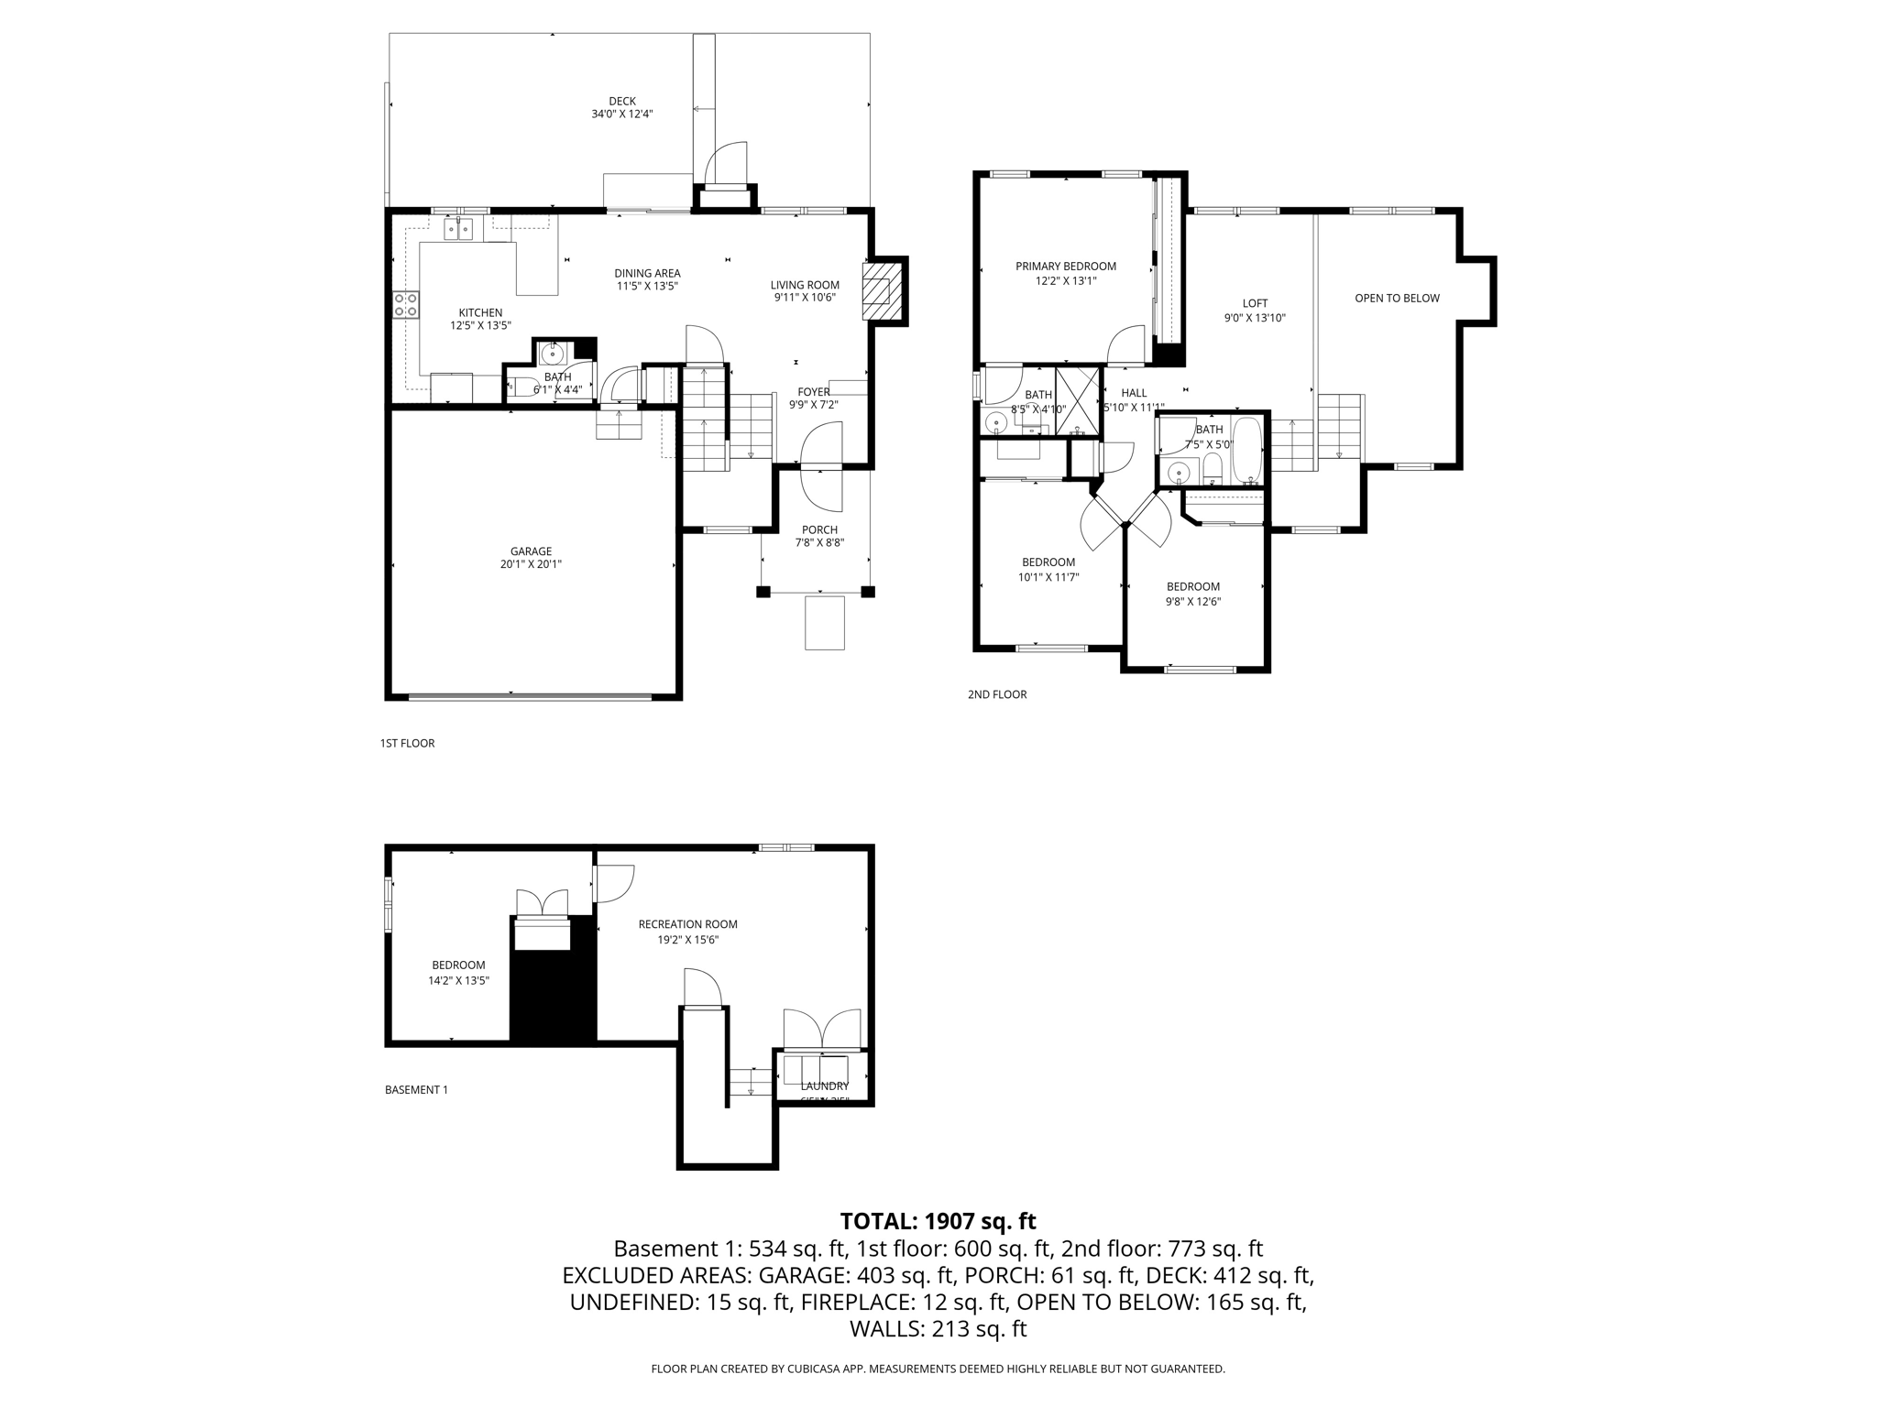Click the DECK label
(x=621, y=101)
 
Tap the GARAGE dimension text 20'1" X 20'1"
(x=531, y=565)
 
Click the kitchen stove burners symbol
(x=406, y=304)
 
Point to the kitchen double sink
(x=458, y=228)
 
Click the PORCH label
(x=819, y=529)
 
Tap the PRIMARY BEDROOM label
(x=1065, y=267)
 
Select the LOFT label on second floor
(x=1255, y=303)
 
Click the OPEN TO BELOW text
(x=1397, y=298)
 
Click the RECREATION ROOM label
(x=687, y=924)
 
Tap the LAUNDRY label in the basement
(x=824, y=1086)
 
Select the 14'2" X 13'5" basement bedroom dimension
(x=458, y=980)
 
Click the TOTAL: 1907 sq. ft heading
(x=938, y=1221)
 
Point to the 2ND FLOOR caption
(x=996, y=694)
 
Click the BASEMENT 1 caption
(x=416, y=1090)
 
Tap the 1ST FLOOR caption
(x=407, y=743)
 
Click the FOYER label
(x=814, y=392)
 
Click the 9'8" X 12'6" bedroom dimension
(x=1193, y=602)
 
